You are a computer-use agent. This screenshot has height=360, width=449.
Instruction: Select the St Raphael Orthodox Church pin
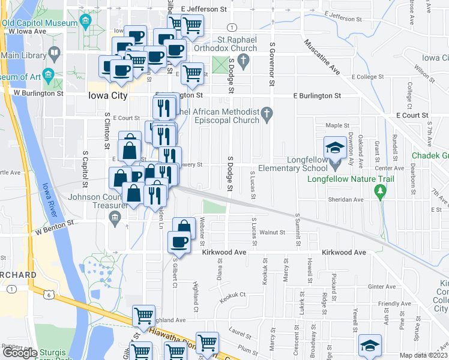[243, 59]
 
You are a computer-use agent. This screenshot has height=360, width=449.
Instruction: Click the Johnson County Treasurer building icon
[115, 218]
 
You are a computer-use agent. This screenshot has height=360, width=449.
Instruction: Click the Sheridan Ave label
[346, 200]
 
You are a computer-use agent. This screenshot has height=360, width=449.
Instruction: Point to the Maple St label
[337, 125]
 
